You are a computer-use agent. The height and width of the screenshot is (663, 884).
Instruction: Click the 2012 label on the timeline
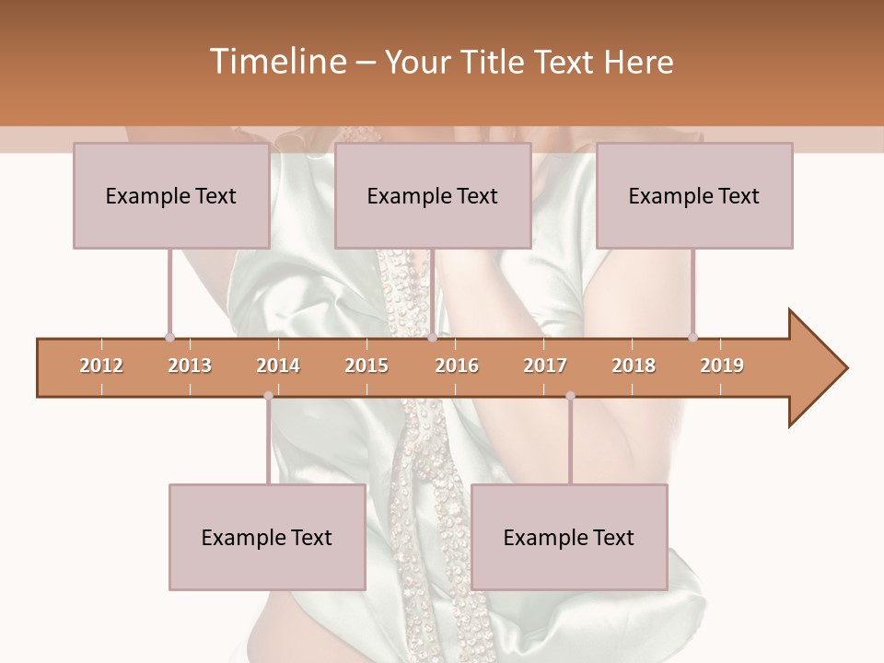101,366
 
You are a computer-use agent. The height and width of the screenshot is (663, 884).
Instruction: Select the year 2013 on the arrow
190,366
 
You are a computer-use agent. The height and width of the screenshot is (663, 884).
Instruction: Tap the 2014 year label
278,366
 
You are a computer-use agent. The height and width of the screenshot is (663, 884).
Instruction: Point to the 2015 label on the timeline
366,366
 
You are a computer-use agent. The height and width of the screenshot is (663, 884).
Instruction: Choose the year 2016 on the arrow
457,366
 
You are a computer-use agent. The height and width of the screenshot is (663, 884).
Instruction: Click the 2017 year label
545,366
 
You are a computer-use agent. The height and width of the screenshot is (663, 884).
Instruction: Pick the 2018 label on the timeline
634,366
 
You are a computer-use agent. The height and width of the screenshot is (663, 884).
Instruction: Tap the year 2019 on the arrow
722,366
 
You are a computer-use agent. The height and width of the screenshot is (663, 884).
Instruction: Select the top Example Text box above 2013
171,196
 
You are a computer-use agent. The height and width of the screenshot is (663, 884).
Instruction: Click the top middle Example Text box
433,196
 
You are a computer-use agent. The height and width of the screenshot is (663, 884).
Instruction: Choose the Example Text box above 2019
694,196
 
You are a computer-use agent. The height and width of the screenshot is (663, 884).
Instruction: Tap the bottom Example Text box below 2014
267,538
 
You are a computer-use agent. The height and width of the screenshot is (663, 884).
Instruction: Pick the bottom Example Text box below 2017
569,538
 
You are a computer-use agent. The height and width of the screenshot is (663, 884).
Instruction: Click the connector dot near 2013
169,337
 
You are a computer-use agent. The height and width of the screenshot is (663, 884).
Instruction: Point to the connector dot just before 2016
432,337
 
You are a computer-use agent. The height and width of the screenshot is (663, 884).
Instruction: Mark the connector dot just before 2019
692,337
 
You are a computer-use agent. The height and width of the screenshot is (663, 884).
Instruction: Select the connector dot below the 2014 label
268,396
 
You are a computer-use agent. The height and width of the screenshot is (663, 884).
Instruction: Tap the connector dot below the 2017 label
570,396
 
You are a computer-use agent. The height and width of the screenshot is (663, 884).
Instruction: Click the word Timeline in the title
278,62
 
